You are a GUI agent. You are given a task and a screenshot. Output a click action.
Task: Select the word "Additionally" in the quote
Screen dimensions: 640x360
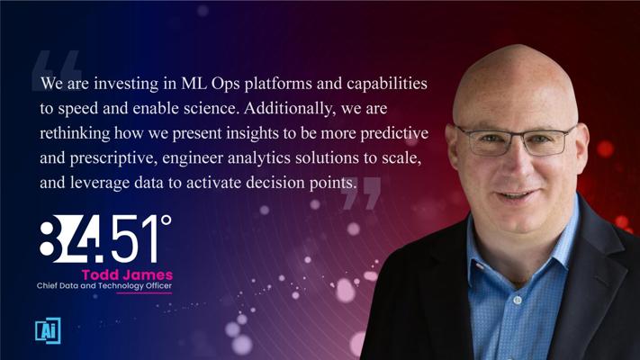[x=290, y=109]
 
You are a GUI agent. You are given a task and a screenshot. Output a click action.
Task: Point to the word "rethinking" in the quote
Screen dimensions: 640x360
[x=75, y=133]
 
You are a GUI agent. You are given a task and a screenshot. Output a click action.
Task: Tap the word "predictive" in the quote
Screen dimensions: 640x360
[x=394, y=133]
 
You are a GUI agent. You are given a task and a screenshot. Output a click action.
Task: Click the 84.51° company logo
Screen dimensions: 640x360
[x=105, y=238]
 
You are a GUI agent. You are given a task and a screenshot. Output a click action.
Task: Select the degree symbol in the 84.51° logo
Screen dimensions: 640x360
[x=167, y=220]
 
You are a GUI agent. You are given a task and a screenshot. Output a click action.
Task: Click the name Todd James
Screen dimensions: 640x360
[x=127, y=274]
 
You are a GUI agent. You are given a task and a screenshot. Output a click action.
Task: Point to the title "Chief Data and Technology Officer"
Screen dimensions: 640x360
[x=104, y=285]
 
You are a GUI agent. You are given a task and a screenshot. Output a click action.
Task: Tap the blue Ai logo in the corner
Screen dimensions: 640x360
[x=48, y=330]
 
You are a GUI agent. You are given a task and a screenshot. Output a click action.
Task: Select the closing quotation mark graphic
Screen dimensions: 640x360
[x=361, y=193]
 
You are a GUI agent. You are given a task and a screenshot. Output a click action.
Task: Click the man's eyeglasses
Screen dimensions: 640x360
[x=515, y=140]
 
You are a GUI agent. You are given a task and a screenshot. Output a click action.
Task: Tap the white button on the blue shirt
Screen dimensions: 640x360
[x=518, y=300]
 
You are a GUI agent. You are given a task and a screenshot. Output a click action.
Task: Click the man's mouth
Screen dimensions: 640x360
[x=518, y=195]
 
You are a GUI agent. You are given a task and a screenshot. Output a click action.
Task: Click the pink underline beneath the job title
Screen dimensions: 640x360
[x=144, y=292]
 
